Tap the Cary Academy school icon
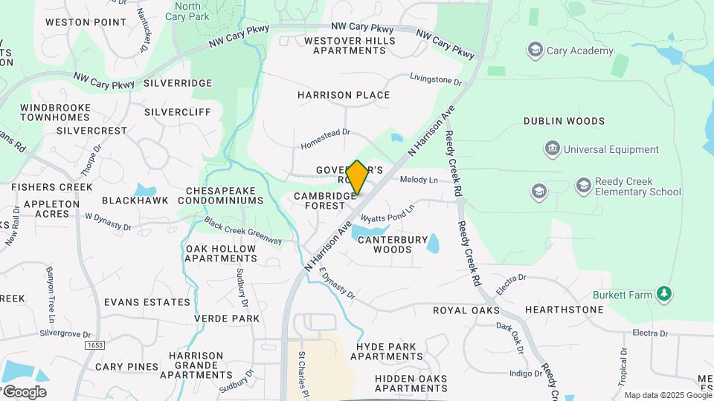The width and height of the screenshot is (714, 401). (535, 50)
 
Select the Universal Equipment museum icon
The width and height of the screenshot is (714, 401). (553, 149)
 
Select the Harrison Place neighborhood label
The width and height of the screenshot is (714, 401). (344, 95)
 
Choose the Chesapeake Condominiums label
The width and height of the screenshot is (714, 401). (225, 195)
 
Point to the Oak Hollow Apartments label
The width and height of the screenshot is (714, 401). (221, 253)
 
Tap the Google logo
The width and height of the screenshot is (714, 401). (25, 392)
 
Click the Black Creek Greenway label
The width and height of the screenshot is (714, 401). (243, 231)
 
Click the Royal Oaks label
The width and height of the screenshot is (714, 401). (466, 310)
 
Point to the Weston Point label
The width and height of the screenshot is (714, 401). (86, 22)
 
